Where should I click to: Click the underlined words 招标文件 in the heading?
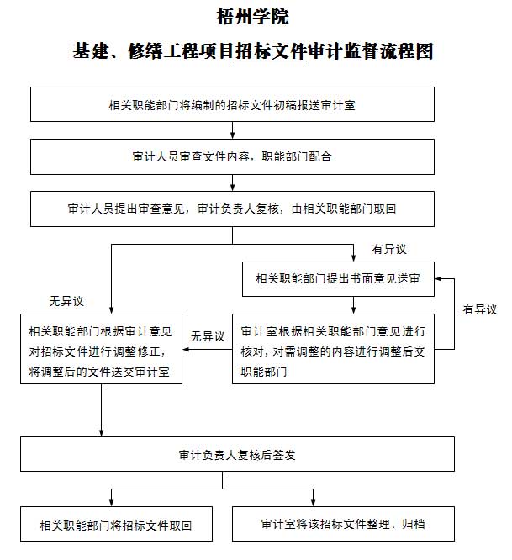point(269,51)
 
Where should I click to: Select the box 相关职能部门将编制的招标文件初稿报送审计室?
point(232,105)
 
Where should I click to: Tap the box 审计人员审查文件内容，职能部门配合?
point(232,156)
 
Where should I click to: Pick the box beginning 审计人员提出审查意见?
point(232,209)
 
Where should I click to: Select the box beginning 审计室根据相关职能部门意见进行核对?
point(337,348)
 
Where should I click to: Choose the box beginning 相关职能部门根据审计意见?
point(102,348)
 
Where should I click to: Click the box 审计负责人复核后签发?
point(237,454)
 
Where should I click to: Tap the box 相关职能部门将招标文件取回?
point(115,526)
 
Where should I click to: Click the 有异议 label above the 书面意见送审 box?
point(388,249)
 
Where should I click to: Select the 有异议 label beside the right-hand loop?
point(480,309)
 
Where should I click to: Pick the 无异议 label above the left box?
point(66,300)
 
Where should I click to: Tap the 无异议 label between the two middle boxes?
point(208,336)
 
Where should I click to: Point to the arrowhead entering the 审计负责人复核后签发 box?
point(102,432)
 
